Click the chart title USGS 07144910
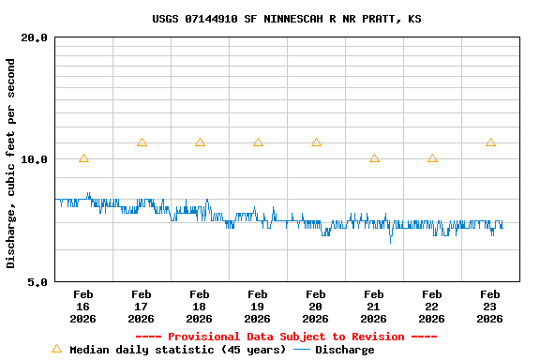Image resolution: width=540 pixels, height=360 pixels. [286, 19]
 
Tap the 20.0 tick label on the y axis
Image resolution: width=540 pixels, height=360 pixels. [35, 37]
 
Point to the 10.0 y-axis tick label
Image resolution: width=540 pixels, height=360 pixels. [35, 159]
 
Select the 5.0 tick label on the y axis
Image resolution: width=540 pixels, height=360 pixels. [38, 281]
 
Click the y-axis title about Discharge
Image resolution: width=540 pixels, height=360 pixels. [11, 163]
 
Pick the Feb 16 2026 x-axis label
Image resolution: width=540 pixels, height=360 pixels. [83, 307]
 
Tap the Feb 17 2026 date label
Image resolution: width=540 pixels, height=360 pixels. [142, 307]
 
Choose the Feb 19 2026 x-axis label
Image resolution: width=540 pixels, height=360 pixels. [258, 307]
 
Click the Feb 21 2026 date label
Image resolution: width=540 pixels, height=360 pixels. [374, 307]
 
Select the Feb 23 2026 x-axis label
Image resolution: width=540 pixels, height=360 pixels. [490, 307]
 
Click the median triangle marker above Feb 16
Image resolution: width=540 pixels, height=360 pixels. [83, 158]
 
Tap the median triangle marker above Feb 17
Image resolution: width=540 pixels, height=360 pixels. [142, 142]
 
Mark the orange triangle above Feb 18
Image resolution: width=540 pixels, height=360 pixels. [200, 142]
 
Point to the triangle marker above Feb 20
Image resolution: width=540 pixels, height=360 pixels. [316, 142]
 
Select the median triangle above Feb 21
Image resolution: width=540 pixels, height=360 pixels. [374, 158]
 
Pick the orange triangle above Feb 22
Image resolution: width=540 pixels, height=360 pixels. [432, 158]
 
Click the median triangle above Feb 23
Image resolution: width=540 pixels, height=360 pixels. [490, 142]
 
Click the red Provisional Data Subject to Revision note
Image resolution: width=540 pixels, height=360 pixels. [286, 337]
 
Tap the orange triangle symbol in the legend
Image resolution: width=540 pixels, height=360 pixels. [56, 349]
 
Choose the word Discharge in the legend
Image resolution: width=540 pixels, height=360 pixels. [344, 350]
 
